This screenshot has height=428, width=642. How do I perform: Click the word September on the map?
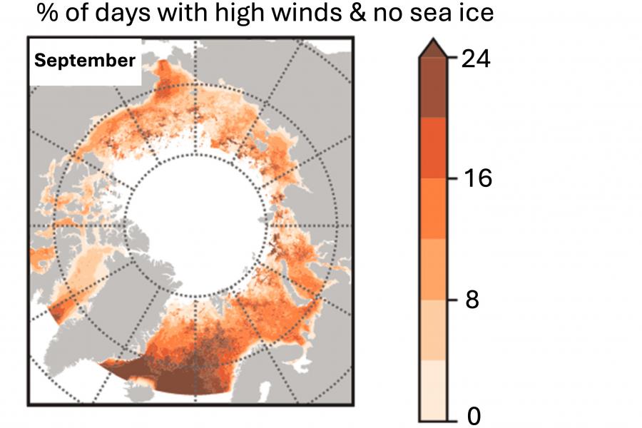[x=85, y=61]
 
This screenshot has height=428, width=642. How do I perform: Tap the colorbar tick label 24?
[x=477, y=59]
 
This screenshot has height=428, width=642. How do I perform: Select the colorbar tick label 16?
[x=477, y=178]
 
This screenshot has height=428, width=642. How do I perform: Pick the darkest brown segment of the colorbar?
[x=432, y=87]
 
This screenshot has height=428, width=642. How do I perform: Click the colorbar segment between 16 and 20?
[x=432, y=148]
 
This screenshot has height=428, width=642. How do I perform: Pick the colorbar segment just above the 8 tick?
[x=432, y=269]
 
